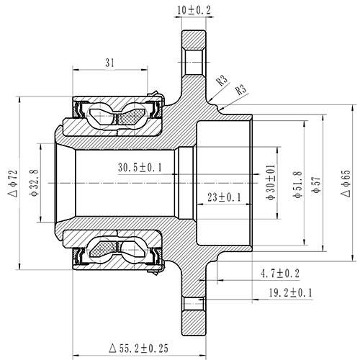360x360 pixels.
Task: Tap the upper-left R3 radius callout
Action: pos(222,80)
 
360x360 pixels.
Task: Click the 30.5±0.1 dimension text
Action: pos(140,167)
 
